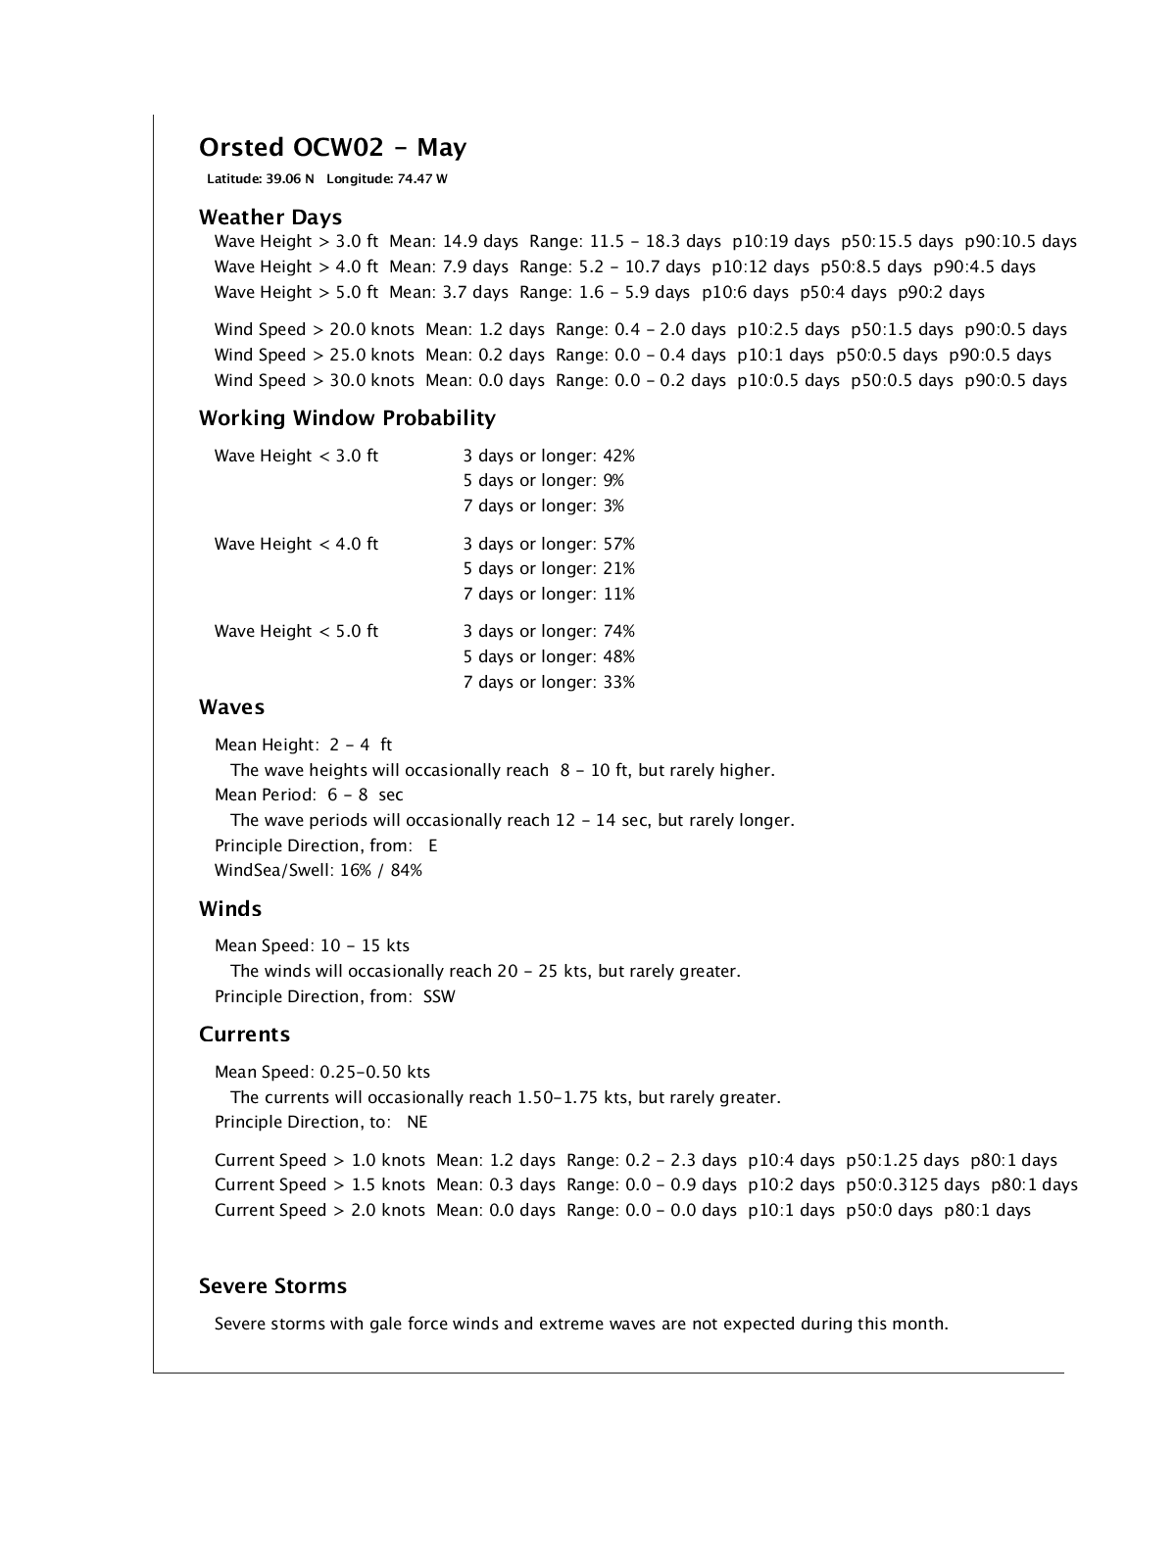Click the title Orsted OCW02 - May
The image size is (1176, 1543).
(x=332, y=148)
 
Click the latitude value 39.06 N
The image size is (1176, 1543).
(x=290, y=179)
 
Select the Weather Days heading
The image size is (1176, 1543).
(x=270, y=217)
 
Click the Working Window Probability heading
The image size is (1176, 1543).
(x=347, y=418)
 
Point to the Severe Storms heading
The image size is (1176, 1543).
(x=272, y=1286)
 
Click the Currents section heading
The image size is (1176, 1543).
(x=244, y=1035)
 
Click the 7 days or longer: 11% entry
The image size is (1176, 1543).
(x=549, y=594)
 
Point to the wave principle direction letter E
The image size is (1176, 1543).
(x=433, y=845)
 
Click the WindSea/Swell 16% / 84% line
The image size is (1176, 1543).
(x=318, y=870)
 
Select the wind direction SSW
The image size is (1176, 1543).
(x=439, y=996)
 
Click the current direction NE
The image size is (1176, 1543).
(x=417, y=1122)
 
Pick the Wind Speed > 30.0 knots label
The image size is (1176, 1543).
(x=315, y=380)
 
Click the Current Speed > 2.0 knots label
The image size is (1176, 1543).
(x=319, y=1210)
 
